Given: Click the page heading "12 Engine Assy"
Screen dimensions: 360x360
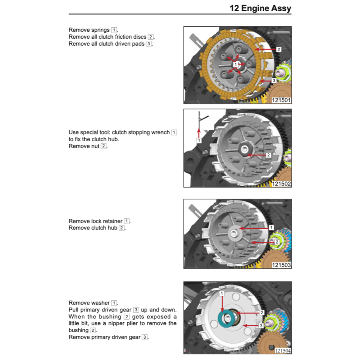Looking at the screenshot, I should (x=260, y=8).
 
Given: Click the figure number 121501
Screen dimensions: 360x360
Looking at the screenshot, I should (x=281, y=100).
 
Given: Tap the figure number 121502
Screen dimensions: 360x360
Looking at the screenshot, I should (x=281, y=184).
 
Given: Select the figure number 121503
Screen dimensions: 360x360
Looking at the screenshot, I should (x=281, y=265).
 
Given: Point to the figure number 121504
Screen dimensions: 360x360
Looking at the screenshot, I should (x=283, y=351).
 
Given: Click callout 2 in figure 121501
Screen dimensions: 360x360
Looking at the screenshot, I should (x=278, y=50).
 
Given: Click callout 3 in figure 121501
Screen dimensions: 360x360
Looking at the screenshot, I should (x=274, y=80).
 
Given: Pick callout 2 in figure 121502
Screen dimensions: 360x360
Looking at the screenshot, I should (x=268, y=155).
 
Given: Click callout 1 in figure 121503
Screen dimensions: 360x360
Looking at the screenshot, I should (x=271, y=228).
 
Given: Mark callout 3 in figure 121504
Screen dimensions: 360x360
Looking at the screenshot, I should (x=261, y=326).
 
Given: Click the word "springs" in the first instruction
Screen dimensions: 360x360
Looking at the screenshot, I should (x=101, y=30).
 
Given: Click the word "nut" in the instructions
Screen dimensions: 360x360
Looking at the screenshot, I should (x=95, y=146).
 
